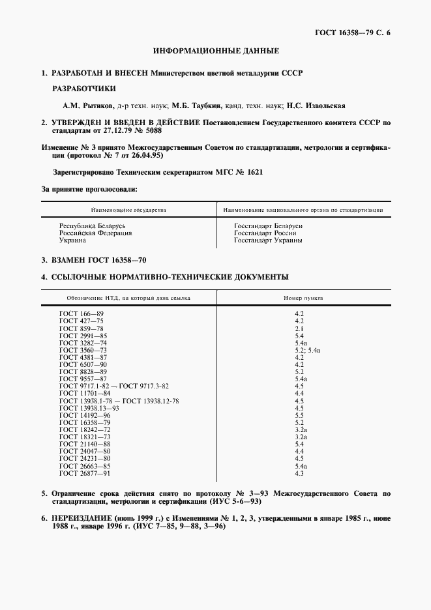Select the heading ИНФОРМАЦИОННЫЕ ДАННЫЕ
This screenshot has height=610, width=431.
[216, 50]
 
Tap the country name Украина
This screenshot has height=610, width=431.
[73, 240]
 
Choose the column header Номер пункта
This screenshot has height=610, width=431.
[303, 298]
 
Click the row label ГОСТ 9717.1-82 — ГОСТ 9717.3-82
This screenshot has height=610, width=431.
[114, 386]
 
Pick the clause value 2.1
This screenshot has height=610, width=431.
[300, 328]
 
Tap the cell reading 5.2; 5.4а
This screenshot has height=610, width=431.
[308, 350]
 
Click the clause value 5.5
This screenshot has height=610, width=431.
[300, 414]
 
